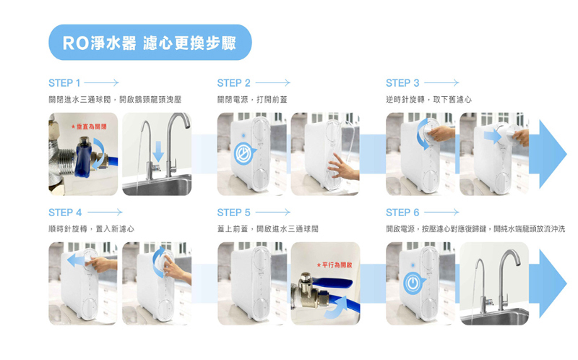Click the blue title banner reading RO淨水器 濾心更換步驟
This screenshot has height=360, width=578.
(x=150, y=43)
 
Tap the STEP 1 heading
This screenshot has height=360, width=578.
(x=64, y=83)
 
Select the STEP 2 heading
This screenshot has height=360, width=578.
(x=233, y=83)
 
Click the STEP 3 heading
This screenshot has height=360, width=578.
(x=402, y=83)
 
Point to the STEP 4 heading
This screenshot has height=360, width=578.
(x=65, y=213)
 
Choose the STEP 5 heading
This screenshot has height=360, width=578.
(x=233, y=213)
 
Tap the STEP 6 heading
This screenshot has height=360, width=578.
(x=402, y=213)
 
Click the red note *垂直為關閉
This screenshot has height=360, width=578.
(x=89, y=127)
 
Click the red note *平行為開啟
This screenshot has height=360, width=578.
(x=335, y=265)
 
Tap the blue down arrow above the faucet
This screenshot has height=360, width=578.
(x=158, y=151)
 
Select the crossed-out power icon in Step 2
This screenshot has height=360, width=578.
(x=244, y=154)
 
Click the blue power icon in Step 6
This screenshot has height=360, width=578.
(x=413, y=283)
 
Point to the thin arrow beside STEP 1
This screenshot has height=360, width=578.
(x=101, y=82)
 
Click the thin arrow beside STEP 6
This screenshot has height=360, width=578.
(x=441, y=212)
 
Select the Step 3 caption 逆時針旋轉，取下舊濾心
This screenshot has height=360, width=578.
(x=428, y=100)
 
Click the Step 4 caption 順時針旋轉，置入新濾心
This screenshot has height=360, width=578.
(x=92, y=229)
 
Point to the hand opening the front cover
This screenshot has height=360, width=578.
(x=342, y=168)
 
